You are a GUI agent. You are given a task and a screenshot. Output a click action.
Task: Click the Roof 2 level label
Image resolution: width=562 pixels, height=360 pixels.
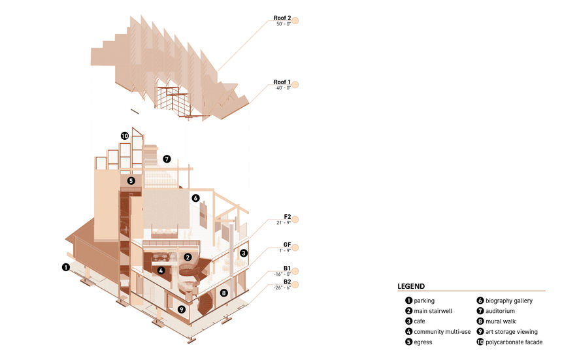pyautogui.click(x=282, y=18)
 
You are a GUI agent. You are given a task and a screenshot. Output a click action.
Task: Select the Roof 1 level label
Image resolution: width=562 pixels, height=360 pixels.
pyautogui.click(x=282, y=82)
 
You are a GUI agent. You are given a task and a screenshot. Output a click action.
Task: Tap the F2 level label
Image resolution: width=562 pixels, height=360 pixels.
pyautogui.click(x=287, y=217)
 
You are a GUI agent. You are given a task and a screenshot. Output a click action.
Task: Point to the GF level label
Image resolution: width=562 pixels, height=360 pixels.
pyautogui.click(x=287, y=244)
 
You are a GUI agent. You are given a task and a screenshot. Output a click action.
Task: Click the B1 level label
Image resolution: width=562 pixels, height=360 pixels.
pyautogui.click(x=287, y=269)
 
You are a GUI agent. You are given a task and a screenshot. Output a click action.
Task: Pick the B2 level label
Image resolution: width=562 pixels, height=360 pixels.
pyautogui.click(x=287, y=282)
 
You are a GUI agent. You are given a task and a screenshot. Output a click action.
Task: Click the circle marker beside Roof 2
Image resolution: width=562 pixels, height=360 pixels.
pyautogui.click(x=295, y=20)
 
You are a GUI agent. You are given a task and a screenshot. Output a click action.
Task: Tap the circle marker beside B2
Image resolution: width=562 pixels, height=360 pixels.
pyautogui.click(x=295, y=285)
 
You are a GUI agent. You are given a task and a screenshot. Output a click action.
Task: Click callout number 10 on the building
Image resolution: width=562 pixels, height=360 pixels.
pyautogui.click(x=125, y=136)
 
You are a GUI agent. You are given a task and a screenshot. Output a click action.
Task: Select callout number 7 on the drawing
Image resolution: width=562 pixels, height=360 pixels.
pyautogui.click(x=167, y=159)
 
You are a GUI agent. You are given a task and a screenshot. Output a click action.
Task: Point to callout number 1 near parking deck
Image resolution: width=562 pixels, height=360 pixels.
pyautogui.click(x=65, y=267)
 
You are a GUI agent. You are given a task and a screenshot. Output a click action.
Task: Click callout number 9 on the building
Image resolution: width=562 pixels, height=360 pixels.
pyautogui.click(x=182, y=309)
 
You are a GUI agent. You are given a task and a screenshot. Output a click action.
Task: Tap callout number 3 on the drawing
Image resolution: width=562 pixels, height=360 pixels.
pyautogui.click(x=243, y=253)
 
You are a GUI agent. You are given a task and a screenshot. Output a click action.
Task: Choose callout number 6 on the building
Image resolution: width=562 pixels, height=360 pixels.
pyautogui.click(x=195, y=198)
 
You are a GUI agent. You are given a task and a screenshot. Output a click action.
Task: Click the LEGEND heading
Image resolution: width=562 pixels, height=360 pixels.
pyautogui.click(x=411, y=286)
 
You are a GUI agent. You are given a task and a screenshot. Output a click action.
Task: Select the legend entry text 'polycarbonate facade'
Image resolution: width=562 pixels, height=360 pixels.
pyautogui.click(x=514, y=342)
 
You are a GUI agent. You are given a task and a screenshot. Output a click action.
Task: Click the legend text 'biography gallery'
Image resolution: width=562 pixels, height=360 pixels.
pyautogui.click(x=509, y=301)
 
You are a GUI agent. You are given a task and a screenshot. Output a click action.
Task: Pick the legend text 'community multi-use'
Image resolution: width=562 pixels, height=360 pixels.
pyautogui.click(x=442, y=332)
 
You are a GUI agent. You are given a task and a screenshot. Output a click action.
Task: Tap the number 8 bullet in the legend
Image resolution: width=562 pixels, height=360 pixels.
pyautogui.click(x=480, y=321)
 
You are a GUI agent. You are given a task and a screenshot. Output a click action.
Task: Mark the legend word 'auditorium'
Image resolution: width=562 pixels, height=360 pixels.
pyautogui.click(x=500, y=311)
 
